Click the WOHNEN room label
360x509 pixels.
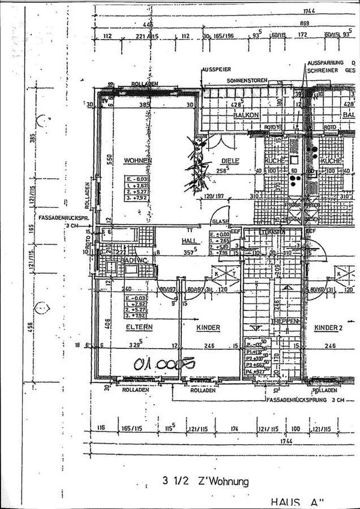click(x=138, y=161)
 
